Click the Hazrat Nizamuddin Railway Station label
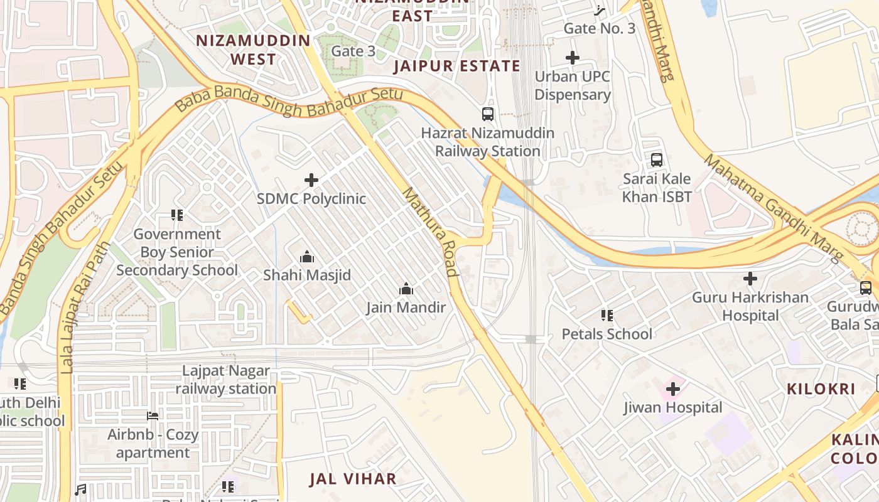tap(488, 142)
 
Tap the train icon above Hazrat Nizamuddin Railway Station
tap(488, 114)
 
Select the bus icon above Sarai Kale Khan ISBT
tap(657, 160)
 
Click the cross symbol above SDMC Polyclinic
tap(311, 181)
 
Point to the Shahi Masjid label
tap(307, 275)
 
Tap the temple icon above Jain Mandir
tap(406, 289)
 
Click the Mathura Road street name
tap(430, 232)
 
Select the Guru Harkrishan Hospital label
tap(750, 306)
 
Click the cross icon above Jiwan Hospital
tap(673, 389)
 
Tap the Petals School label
tap(607, 334)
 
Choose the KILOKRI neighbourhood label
tap(821, 389)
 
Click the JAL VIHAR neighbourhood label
tap(353, 479)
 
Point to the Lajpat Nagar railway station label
tap(226, 380)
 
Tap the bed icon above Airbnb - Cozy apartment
tap(153, 415)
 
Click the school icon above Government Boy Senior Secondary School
tap(177, 215)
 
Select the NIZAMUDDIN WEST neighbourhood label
tap(253, 50)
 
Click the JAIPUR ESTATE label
tap(457, 67)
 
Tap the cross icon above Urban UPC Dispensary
tap(572, 58)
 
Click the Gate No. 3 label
tap(599, 28)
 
